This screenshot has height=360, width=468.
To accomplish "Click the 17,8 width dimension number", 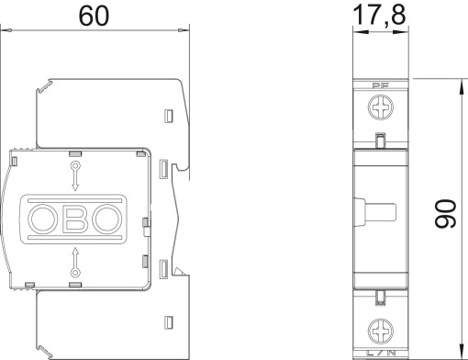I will click(379, 16).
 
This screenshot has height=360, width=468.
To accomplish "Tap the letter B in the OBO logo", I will click(75, 219).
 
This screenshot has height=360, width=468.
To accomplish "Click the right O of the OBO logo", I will click(106, 219).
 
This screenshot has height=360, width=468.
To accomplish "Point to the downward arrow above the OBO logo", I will click(73, 174).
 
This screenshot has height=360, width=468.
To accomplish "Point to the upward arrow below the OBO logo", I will click(73, 263).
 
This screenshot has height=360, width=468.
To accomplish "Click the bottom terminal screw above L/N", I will click(380, 327).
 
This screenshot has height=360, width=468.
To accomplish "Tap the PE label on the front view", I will click(380, 88).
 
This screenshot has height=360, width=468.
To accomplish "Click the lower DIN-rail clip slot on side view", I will click(162, 268).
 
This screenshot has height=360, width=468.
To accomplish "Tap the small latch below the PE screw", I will click(380, 140).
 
